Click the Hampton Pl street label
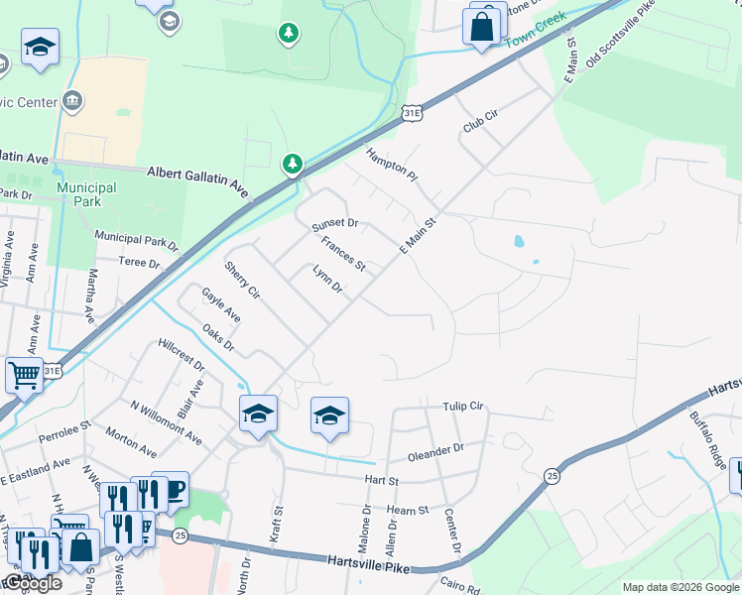point(392,166)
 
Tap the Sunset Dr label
point(334,226)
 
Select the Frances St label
point(343,256)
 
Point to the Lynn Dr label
point(326,280)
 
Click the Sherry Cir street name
point(241,281)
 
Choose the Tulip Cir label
point(462,407)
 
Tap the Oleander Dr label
point(436,453)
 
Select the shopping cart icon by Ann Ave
point(24,375)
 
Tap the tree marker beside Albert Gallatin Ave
point(292,163)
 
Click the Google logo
point(33,583)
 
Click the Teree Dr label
point(140,264)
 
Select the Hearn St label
point(408,510)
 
